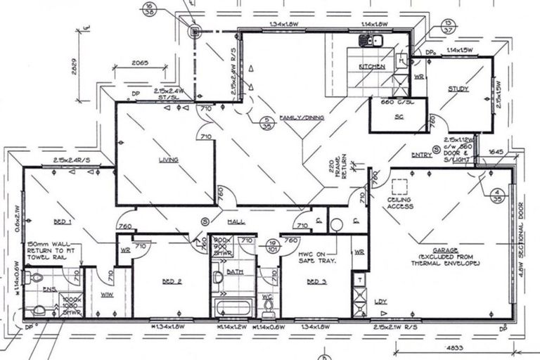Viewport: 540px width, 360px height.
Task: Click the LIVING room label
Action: coord(168,160)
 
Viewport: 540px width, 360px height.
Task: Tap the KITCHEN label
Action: coord(372,66)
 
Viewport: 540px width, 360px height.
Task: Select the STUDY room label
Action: coord(458,89)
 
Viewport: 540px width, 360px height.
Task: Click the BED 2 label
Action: coord(172,281)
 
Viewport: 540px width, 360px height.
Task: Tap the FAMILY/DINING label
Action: coord(301,118)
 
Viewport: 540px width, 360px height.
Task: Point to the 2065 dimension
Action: coord(140,63)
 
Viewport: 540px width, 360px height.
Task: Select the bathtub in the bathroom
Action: coord(233,307)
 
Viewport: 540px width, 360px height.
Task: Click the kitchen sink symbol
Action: coord(370,41)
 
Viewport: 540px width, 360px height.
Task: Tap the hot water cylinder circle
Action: coord(335,225)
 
